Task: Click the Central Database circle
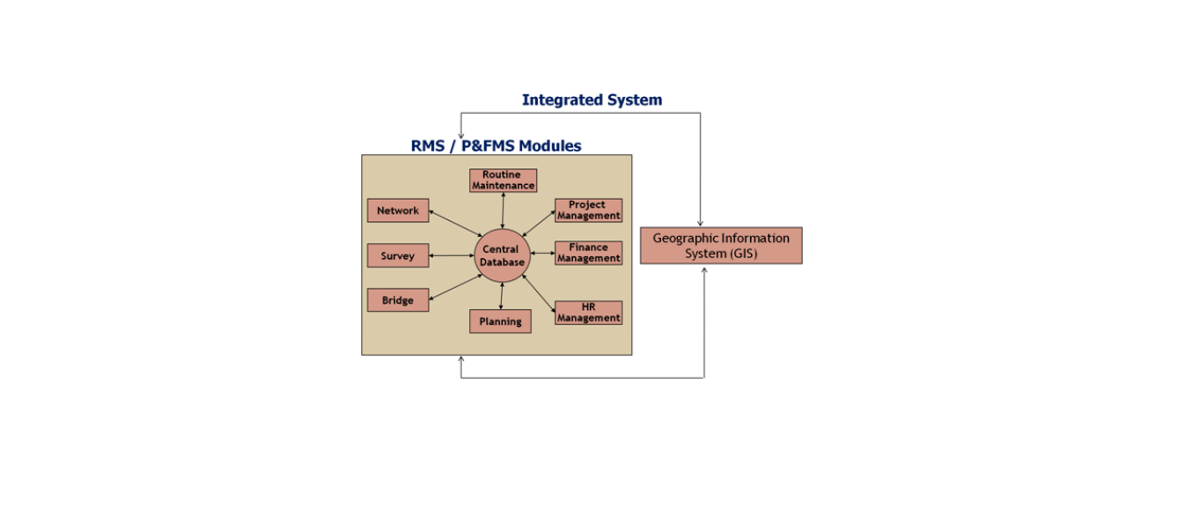(502, 255)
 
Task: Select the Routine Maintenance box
(503, 181)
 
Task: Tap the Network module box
(398, 210)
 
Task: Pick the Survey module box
(398, 255)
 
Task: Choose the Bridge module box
(398, 300)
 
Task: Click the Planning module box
(500, 321)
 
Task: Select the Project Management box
(588, 210)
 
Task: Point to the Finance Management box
(588, 254)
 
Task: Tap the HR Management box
(588, 313)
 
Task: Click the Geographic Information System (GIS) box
(721, 246)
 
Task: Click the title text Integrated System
(592, 100)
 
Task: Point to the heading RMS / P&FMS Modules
(496, 146)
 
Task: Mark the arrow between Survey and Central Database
(452, 255)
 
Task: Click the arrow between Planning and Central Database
(501, 296)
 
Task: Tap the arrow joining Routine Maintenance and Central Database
(503, 210)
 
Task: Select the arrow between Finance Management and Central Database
(542, 254)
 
